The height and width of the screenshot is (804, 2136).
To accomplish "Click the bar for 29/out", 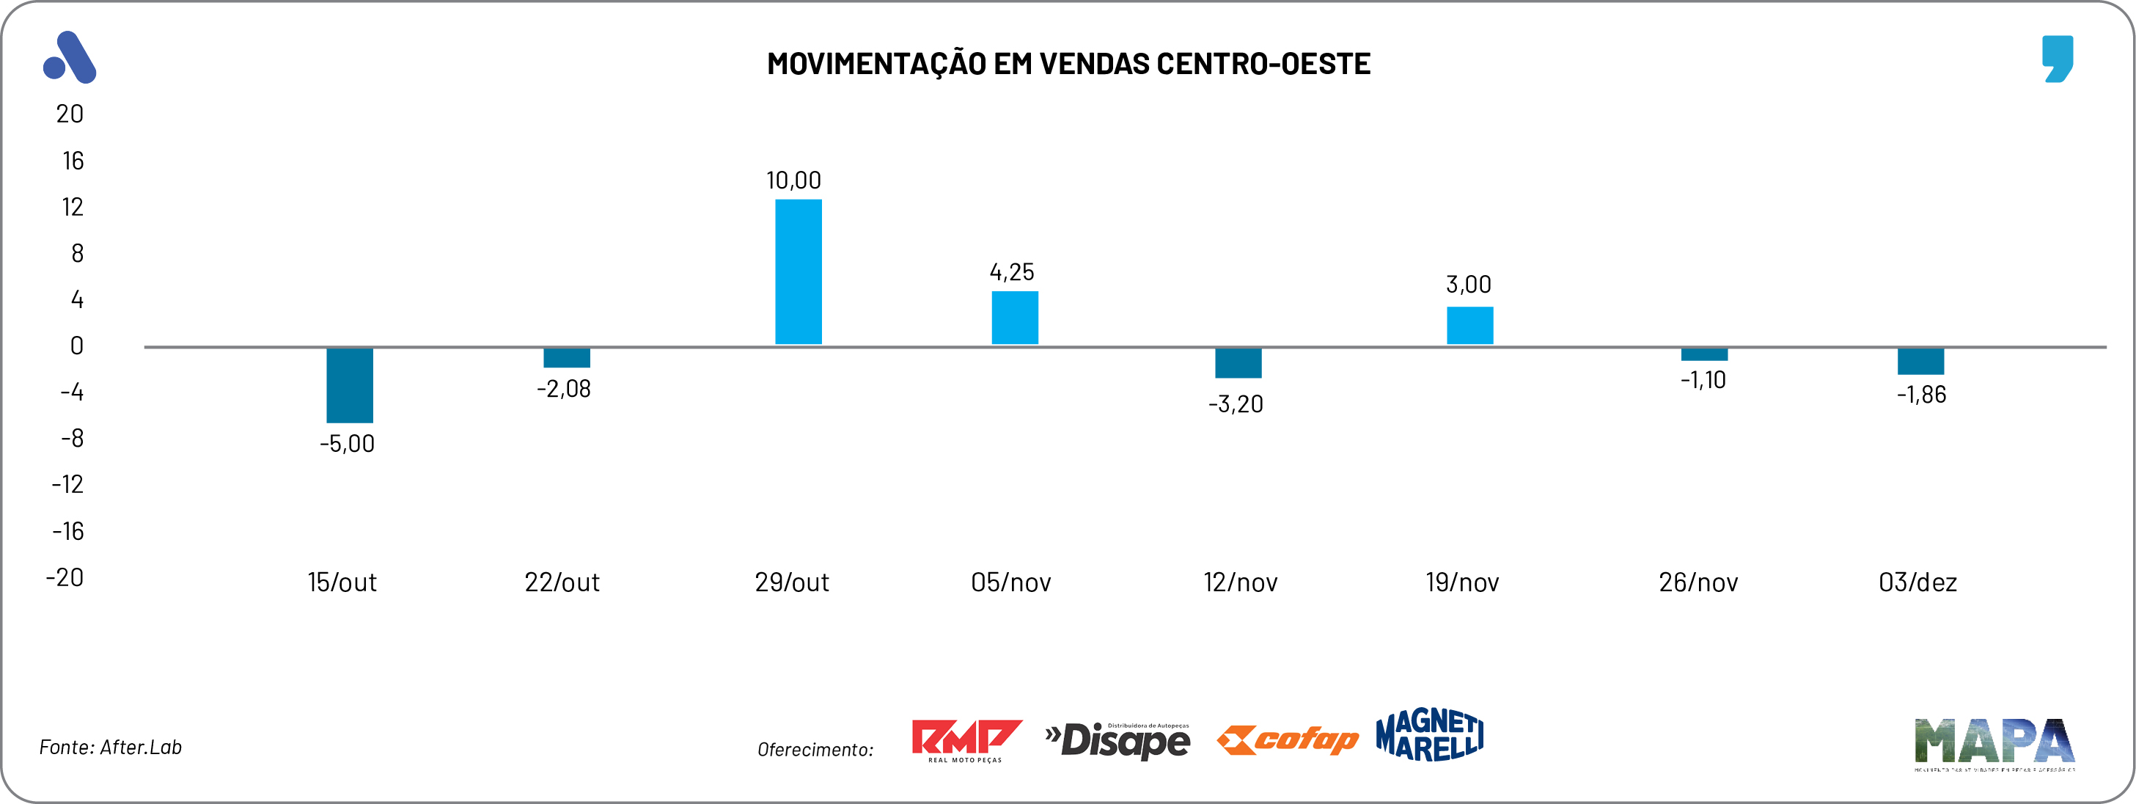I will click(798, 272).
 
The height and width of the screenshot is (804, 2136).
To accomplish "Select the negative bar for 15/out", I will click(349, 385).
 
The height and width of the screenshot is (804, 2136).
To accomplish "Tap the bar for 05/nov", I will click(1014, 318).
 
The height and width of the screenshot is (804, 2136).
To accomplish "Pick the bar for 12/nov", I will click(1238, 362).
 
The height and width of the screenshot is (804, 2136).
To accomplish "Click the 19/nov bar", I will click(1469, 325).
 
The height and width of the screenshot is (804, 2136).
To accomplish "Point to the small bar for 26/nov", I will click(1704, 354).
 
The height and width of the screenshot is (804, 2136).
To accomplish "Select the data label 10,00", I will click(793, 180).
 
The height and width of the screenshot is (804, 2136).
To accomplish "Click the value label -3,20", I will click(1236, 404).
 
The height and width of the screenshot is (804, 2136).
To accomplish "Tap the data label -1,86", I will click(1921, 394).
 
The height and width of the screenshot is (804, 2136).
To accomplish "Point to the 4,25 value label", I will click(1012, 271).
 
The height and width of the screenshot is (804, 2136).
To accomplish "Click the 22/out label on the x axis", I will click(562, 582).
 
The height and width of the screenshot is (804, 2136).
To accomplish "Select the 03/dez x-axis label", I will click(1917, 582).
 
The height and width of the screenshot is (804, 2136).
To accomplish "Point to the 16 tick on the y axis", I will click(73, 160).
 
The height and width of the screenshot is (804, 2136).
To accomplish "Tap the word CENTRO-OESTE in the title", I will click(1263, 64).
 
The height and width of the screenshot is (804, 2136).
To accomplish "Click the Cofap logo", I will click(1287, 739).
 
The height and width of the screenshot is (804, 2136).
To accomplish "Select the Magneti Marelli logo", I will click(1428, 735).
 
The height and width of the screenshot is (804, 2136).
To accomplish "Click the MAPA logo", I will click(1994, 742).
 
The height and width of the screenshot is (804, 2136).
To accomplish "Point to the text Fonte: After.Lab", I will click(110, 747).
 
